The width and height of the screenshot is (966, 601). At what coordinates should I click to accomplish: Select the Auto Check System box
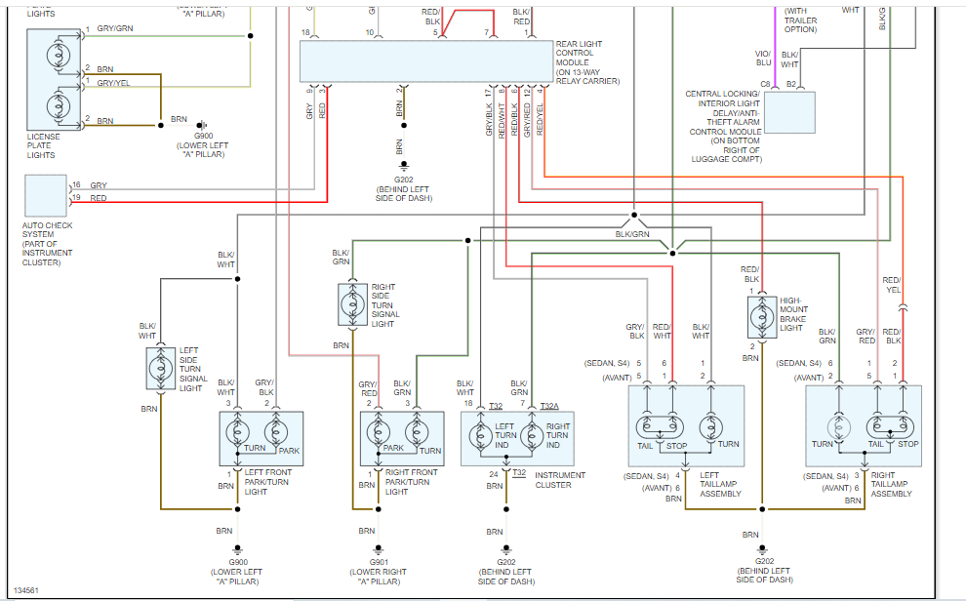(45, 196)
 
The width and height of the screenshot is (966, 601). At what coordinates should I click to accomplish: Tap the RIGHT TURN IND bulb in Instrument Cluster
(532, 433)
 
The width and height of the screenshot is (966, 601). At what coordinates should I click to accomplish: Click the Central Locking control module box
(789, 112)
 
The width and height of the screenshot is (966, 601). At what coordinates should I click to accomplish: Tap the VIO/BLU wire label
(763, 59)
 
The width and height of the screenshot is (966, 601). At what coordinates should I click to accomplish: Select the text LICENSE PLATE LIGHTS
(43, 146)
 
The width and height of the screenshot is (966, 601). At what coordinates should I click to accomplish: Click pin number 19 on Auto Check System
(75, 198)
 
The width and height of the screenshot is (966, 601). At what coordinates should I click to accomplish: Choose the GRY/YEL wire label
(112, 83)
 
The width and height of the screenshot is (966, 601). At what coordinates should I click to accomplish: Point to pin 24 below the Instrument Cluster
(495, 474)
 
